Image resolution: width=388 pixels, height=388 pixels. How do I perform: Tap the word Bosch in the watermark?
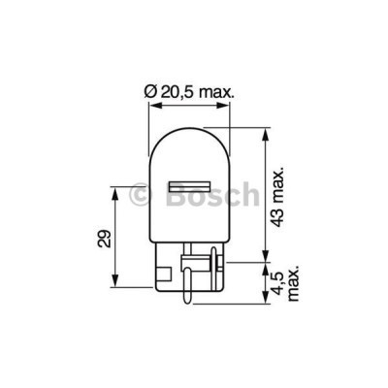pos(217,193)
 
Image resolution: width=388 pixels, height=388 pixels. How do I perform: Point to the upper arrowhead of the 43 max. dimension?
pos(263,131)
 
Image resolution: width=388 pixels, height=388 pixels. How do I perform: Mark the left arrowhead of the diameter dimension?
pos(153,106)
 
